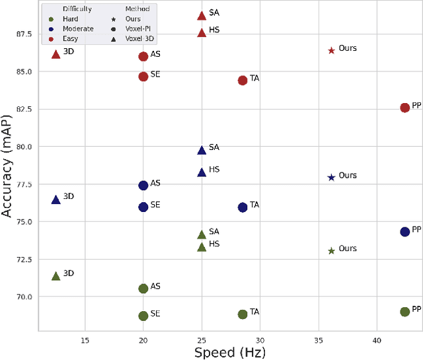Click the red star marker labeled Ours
pos(331,50)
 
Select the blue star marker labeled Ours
pos(331,177)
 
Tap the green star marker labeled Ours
pos(331,250)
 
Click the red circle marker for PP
pos(404,108)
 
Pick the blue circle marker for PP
pos(404,231)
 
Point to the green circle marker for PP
pos(404,311)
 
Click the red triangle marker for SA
pos(202,15)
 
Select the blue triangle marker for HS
pos(202,172)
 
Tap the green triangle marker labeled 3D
pos(56,275)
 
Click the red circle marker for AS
pos(143,56)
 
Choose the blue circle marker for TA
pos(243,207)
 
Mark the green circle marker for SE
pos(143,316)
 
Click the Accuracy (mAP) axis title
pos(8,173)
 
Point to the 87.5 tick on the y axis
pos(24,34)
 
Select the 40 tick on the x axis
pos(376,340)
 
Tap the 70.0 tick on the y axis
pos(24,297)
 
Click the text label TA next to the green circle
pos(254,312)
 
